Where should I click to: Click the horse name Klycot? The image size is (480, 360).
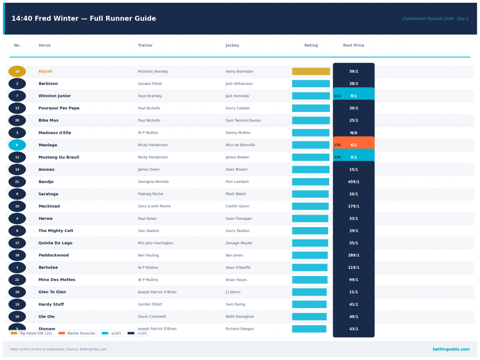(x=46, y=72)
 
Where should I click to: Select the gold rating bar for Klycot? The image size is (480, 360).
(x=311, y=72)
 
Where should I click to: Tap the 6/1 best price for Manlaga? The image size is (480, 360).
(x=354, y=145)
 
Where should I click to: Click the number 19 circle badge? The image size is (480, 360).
(x=17, y=72)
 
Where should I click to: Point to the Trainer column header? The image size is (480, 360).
(x=145, y=46)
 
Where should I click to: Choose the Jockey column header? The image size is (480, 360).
(x=232, y=46)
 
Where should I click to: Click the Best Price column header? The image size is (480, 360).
(x=353, y=46)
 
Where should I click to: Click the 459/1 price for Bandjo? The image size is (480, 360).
(x=354, y=182)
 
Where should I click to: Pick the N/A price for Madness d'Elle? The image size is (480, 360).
(x=354, y=133)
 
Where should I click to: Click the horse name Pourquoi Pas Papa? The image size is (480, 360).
(x=59, y=108)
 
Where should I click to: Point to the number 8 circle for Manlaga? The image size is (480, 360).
(x=17, y=145)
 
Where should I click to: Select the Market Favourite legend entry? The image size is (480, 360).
(x=77, y=333)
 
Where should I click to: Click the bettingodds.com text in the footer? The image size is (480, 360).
(x=451, y=349)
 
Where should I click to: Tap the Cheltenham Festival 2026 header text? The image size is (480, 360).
(x=435, y=19)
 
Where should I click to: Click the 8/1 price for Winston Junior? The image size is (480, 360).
(x=354, y=96)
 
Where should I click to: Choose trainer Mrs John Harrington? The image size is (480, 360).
(x=155, y=243)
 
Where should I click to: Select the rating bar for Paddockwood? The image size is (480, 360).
(x=310, y=255)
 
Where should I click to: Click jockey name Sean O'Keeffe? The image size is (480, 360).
(x=238, y=268)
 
